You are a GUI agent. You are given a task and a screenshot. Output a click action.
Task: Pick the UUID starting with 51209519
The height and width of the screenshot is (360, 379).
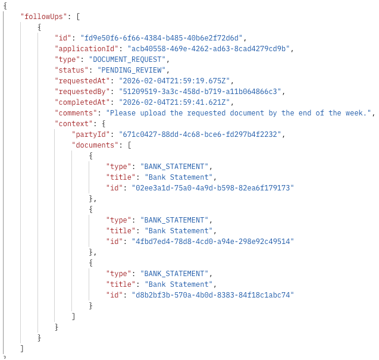pos(202,92)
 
